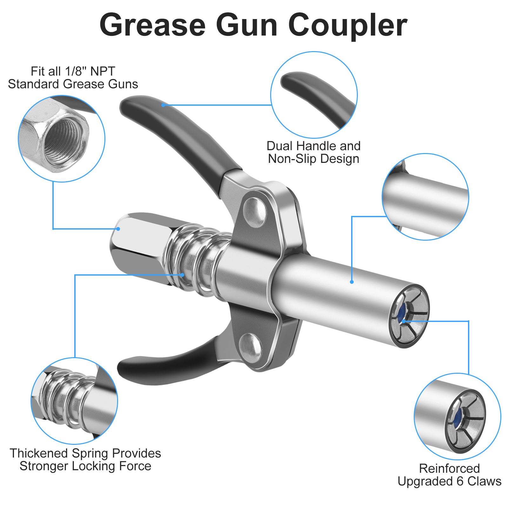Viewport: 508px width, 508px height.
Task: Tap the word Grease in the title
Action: tap(152, 25)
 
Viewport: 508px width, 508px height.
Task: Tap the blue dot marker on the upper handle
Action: tap(163, 105)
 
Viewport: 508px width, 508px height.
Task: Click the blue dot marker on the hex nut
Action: tap(118, 229)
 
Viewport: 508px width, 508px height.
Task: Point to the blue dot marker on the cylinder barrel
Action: tap(352, 282)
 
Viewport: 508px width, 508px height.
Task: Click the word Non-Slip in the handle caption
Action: tap(292, 159)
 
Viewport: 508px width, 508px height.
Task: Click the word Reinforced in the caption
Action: tap(449, 469)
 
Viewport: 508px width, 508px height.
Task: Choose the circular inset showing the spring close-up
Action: tap(74, 401)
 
